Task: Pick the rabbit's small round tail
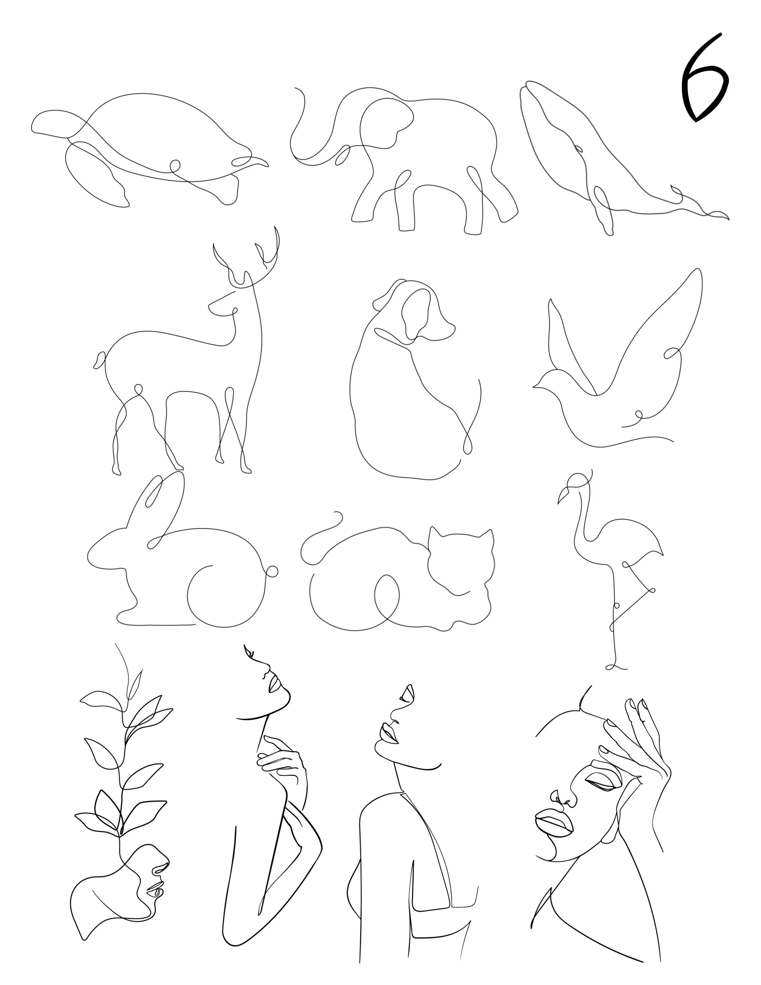pyautogui.click(x=272, y=572)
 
